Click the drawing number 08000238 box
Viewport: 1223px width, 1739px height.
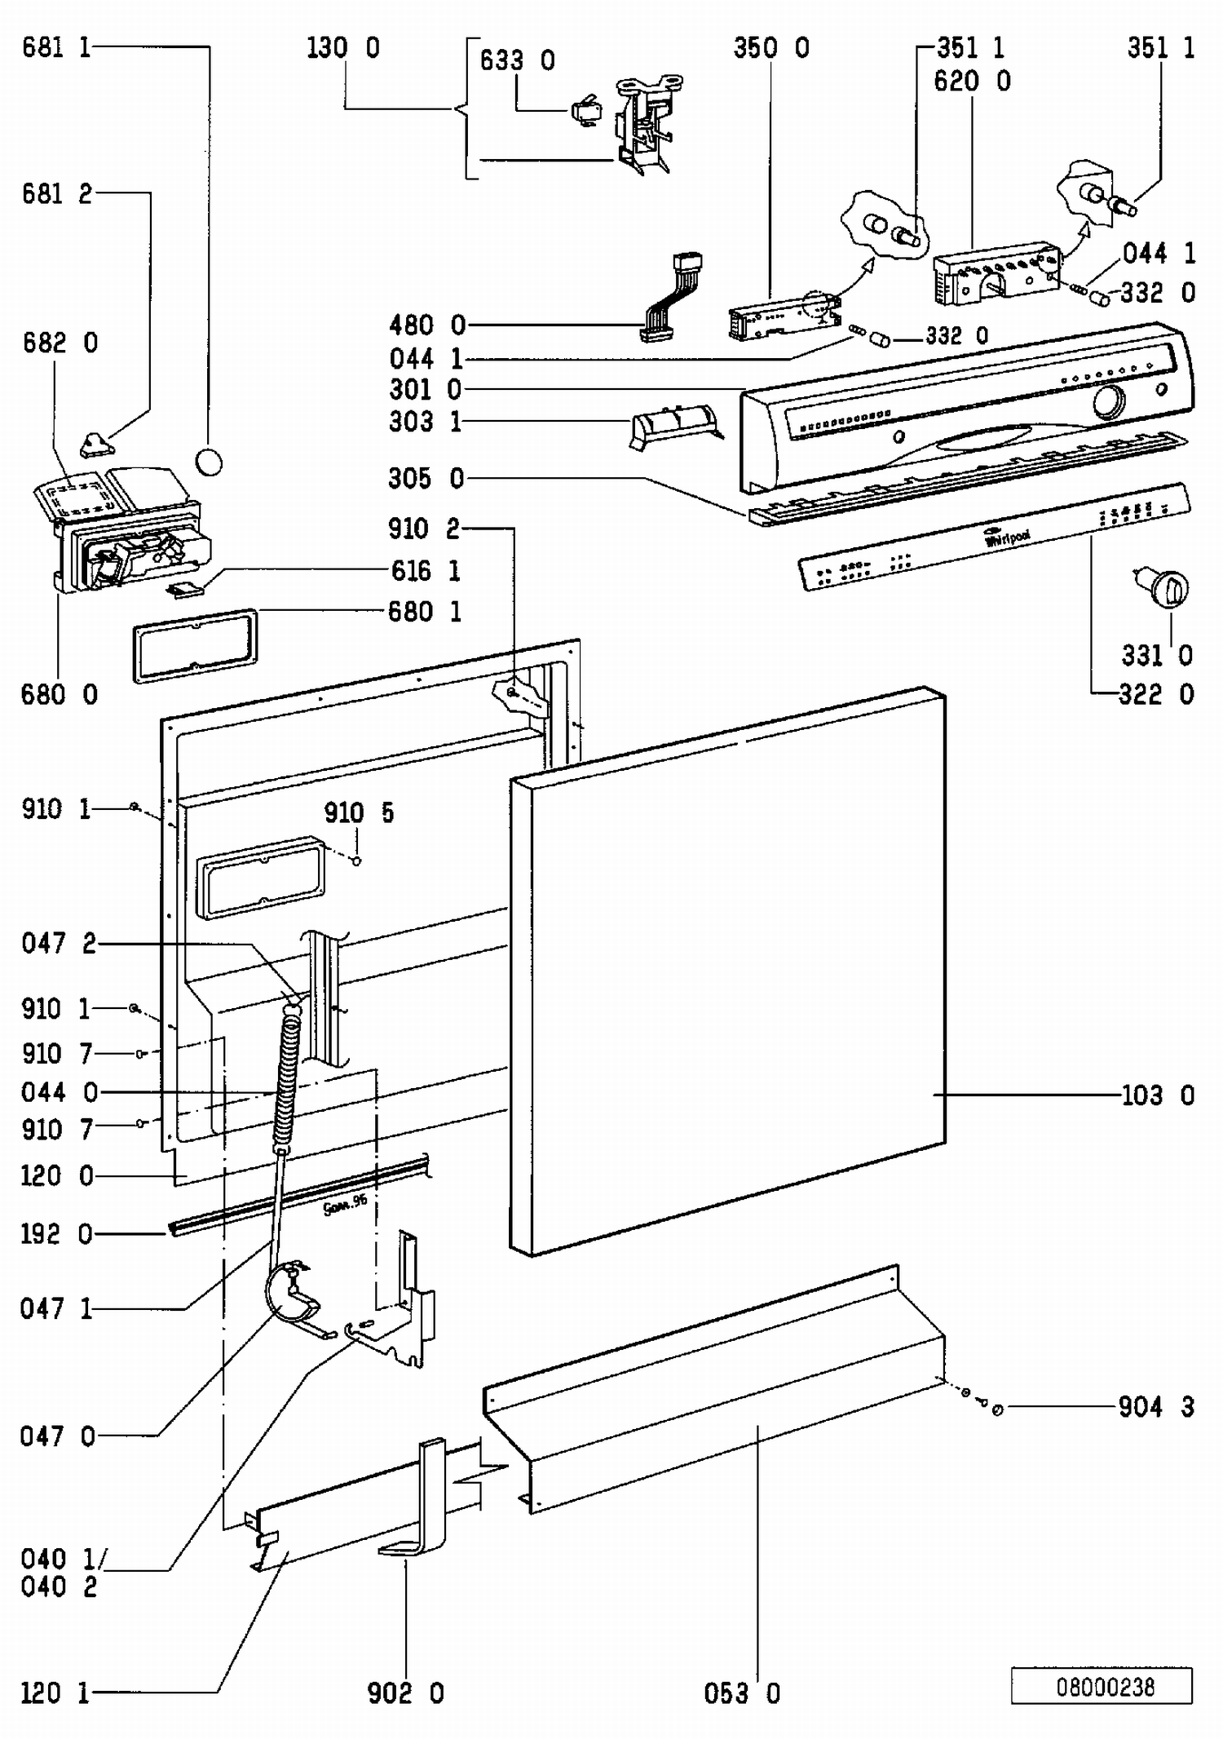pos(1102,1685)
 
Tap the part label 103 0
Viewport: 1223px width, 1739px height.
pos(1158,1095)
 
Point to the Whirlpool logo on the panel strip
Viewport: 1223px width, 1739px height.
pos(1007,538)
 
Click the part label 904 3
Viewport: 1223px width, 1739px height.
pos(1156,1406)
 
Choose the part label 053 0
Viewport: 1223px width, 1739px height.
pos(742,1693)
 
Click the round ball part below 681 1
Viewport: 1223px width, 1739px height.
pos(210,462)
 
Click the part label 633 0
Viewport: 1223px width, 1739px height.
pos(517,60)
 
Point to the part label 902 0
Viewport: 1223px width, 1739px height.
pos(406,1693)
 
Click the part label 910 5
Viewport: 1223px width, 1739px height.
pos(359,812)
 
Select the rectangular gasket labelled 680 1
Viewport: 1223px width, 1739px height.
pos(196,644)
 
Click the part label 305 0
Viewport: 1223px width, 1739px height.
pos(426,478)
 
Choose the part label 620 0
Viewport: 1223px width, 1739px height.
pos(972,81)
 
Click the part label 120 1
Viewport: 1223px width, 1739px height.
pos(55,1693)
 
